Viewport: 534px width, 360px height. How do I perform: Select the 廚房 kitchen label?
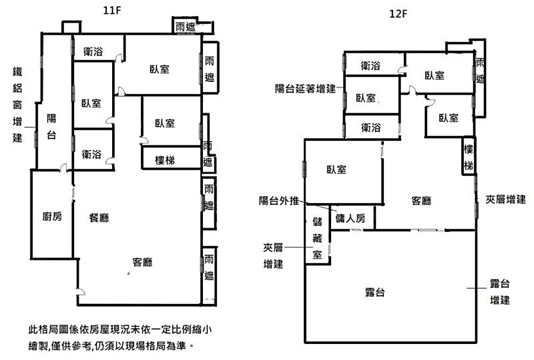pyautogui.click(x=52, y=216)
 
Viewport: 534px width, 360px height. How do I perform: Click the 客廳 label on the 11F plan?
pyautogui.click(x=143, y=262)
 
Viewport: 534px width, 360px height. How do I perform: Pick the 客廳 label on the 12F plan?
pyautogui.click(x=421, y=201)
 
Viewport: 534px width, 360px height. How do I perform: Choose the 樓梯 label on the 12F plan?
pyautogui.click(x=468, y=158)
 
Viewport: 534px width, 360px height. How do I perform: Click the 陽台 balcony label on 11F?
pyautogui.click(x=51, y=127)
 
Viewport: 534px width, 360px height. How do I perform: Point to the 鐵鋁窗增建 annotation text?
pyautogui.click(x=18, y=104)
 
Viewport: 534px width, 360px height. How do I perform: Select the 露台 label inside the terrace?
pyautogui.click(x=375, y=292)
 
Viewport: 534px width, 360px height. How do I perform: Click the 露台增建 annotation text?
pyautogui.click(x=500, y=291)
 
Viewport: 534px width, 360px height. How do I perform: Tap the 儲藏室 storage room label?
pyautogui.click(x=317, y=238)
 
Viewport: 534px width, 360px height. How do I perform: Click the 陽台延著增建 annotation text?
pyautogui.click(x=305, y=89)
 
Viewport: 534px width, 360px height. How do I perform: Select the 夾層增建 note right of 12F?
pyautogui.click(x=505, y=200)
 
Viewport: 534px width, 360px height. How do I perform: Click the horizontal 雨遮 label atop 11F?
pyautogui.click(x=185, y=26)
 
